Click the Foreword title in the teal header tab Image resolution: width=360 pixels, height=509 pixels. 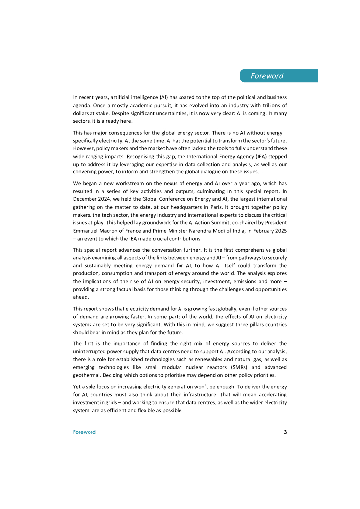(267, 76)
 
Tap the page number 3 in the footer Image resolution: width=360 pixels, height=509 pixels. (285, 432)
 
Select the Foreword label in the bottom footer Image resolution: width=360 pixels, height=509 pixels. (84, 432)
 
